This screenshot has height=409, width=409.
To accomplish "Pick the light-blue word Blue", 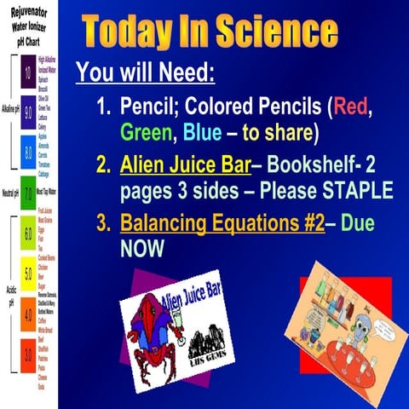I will tap(204, 134).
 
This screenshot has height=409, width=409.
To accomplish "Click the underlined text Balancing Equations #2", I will tap(223, 225).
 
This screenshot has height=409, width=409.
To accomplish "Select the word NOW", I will tap(142, 250).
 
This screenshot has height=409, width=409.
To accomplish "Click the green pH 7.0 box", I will tap(27, 193).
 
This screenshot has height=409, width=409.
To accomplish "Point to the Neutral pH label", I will tap(10, 193).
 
